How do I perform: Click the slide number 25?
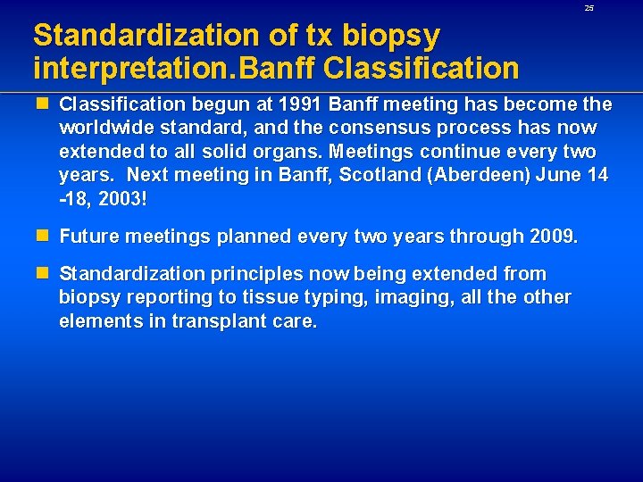click(x=589, y=8)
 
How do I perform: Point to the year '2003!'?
click(x=118, y=197)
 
